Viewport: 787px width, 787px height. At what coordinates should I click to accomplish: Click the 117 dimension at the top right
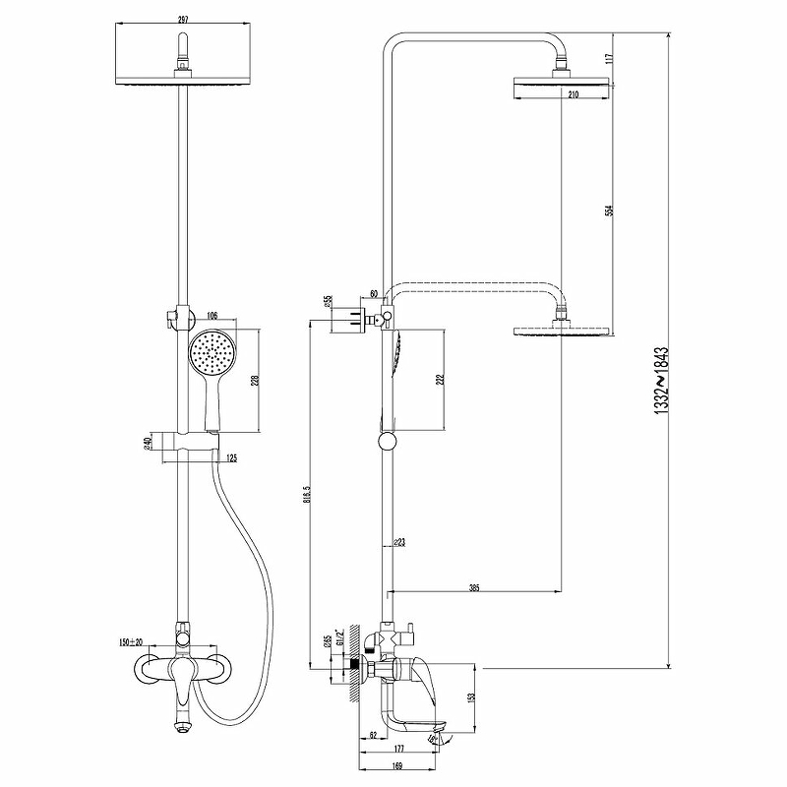pyautogui.click(x=611, y=58)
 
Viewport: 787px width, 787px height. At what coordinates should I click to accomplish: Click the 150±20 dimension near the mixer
pyautogui.click(x=130, y=641)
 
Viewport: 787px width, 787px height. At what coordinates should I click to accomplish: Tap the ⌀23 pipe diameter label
pyautogui.click(x=399, y=542)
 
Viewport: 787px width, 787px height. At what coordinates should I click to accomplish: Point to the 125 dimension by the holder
pyautogui.click(x=231, y=457)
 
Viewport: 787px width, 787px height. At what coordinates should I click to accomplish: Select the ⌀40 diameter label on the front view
pyautogui.click(x=148, y=443)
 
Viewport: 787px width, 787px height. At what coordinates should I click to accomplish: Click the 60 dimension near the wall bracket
pyautogui.click(x=374, y=293)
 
